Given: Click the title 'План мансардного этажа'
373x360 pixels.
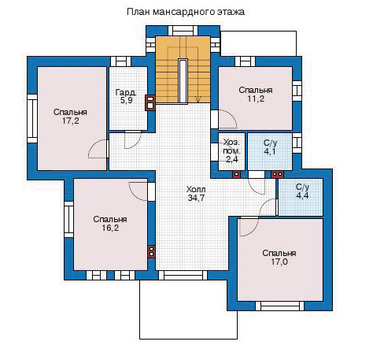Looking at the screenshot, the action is click(186, 12).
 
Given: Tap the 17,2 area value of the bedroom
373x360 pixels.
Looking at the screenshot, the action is click(70, 121).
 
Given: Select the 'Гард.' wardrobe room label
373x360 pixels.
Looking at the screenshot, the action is click(126, 92).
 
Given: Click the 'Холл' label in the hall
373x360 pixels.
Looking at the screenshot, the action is click(196, 189).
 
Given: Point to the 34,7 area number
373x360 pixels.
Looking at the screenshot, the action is click(196, 198).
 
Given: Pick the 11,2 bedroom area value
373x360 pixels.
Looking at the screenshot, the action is click(256, 98).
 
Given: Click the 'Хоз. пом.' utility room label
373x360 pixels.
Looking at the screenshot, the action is click(231, 147).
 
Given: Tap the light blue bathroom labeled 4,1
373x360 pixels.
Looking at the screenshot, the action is click(270, 151).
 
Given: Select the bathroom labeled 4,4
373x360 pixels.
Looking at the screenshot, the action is click(301, 197).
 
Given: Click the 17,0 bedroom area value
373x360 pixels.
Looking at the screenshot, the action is click(279, 262).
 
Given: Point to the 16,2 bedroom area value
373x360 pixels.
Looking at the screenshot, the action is click(110, 228).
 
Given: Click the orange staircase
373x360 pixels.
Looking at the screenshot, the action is click(183, 69).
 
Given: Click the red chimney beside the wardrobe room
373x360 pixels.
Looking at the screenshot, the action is click(150, 102).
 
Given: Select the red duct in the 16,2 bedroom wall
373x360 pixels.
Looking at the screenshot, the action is click(151, 251).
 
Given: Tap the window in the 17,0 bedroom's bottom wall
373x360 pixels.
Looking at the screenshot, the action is click(279, 306).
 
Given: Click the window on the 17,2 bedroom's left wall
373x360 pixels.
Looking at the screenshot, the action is click(32, 119).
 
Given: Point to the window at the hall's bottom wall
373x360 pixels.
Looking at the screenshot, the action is click(183, 276).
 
